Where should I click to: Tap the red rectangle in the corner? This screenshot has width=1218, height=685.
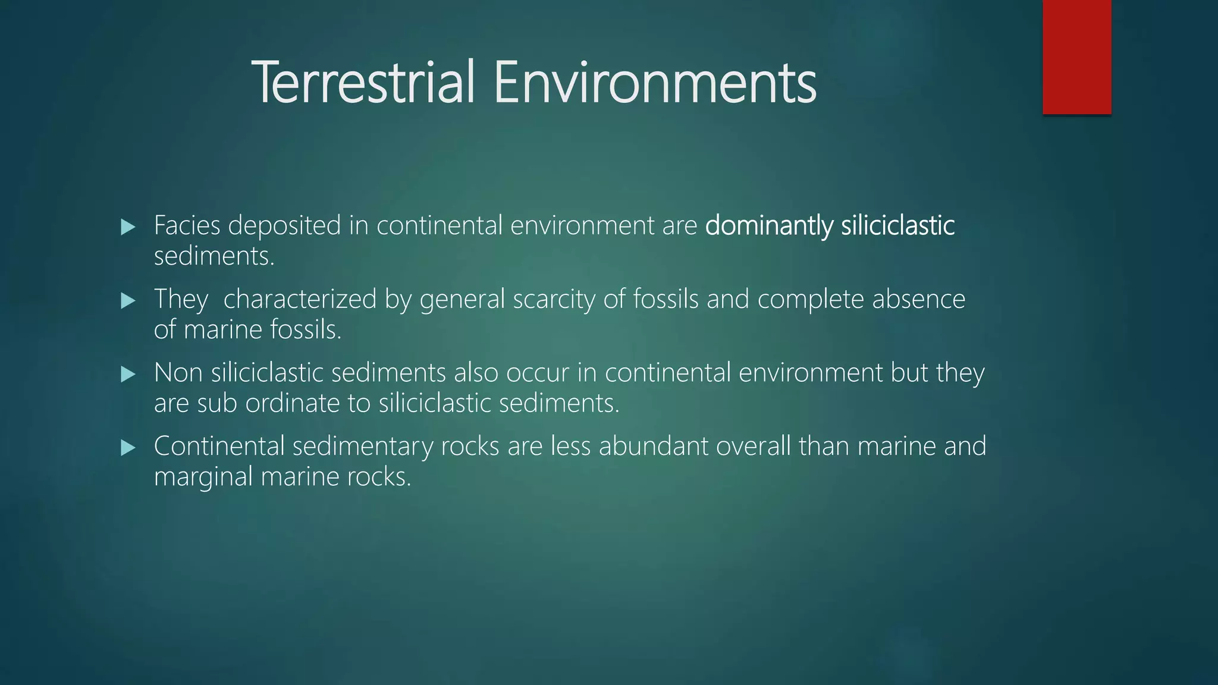tap(1076, 56)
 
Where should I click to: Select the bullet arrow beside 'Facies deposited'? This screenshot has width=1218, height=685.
tap(128, 227)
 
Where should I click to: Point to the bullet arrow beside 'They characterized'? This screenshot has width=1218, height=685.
tap(128, 300)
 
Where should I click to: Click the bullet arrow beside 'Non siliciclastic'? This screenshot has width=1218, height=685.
tap(128, 374)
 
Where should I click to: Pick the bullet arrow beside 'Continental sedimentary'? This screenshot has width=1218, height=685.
tap(128, 448)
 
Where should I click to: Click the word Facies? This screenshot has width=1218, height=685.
tap(187, 225)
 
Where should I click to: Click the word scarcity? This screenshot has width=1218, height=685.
tap(554, 299)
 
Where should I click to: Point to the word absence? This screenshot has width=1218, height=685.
tap(918, 299)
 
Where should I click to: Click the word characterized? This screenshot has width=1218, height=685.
tap(300, 299)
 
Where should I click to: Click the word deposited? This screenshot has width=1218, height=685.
tap(284, 226)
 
